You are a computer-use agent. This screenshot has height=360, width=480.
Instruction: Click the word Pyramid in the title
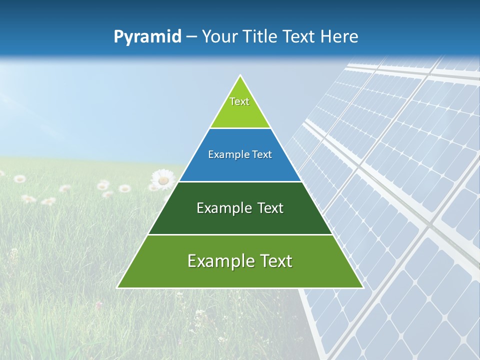(147, 37)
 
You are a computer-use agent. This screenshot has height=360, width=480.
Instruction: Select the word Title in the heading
(261, 36)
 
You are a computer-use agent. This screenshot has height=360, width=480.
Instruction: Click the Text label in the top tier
(239, 101)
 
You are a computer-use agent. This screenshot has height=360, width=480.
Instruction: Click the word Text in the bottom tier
(273, 261)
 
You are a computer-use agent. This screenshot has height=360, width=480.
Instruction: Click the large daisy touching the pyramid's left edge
(163, 179)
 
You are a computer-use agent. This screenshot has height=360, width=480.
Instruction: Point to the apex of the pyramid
(240, 76)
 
